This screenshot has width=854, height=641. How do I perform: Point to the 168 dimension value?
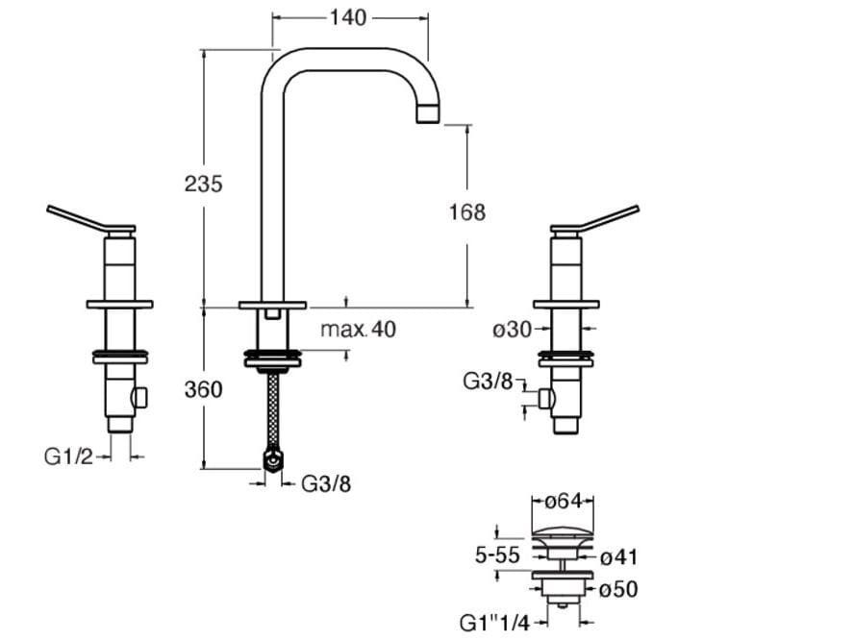(x=466, y=212)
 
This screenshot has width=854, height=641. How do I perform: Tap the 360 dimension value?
(x=203, y=389)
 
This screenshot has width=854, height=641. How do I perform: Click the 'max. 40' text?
(x=358, y=330)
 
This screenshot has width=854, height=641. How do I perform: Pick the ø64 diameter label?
(x=563, y=502)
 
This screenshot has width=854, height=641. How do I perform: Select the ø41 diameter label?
(x=618, y=556)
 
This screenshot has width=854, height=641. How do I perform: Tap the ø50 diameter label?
(x=618, y=588)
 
